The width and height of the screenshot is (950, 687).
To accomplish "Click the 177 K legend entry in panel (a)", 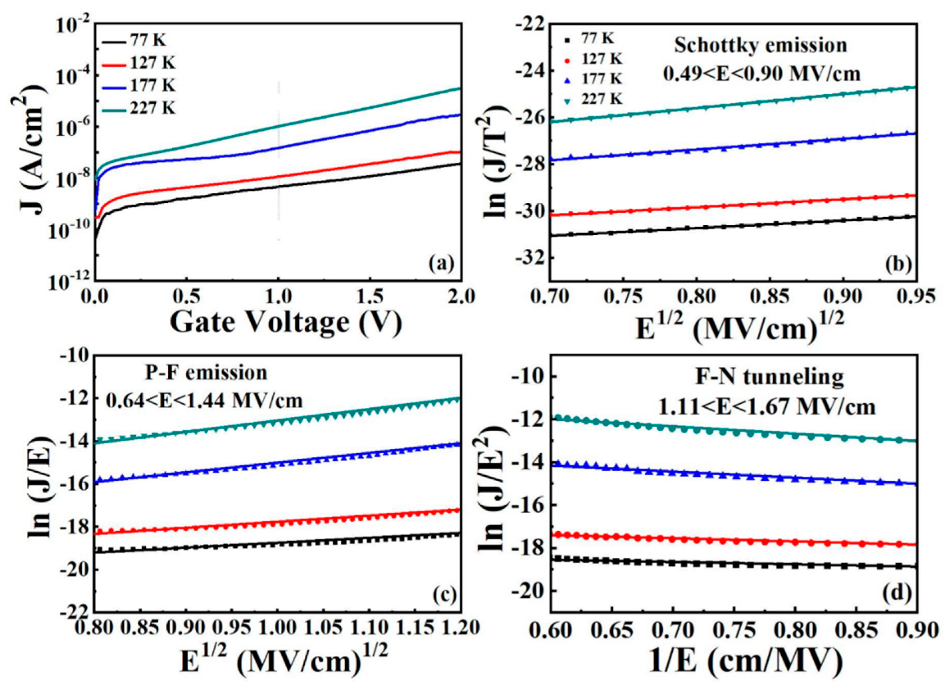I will [x=138, y=86].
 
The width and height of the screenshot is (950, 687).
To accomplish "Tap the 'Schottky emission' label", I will [x=760, y=45].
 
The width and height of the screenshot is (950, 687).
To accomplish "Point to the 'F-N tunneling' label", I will [x=769, y=377].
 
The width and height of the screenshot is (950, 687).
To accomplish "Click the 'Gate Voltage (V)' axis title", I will [x=285, y=323].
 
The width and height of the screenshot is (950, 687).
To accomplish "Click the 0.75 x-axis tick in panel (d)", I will [x=734, y=628].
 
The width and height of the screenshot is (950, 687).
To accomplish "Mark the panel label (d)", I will [x=895, y=594].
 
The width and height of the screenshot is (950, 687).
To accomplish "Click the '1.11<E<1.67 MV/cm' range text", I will [x=766, y=407].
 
